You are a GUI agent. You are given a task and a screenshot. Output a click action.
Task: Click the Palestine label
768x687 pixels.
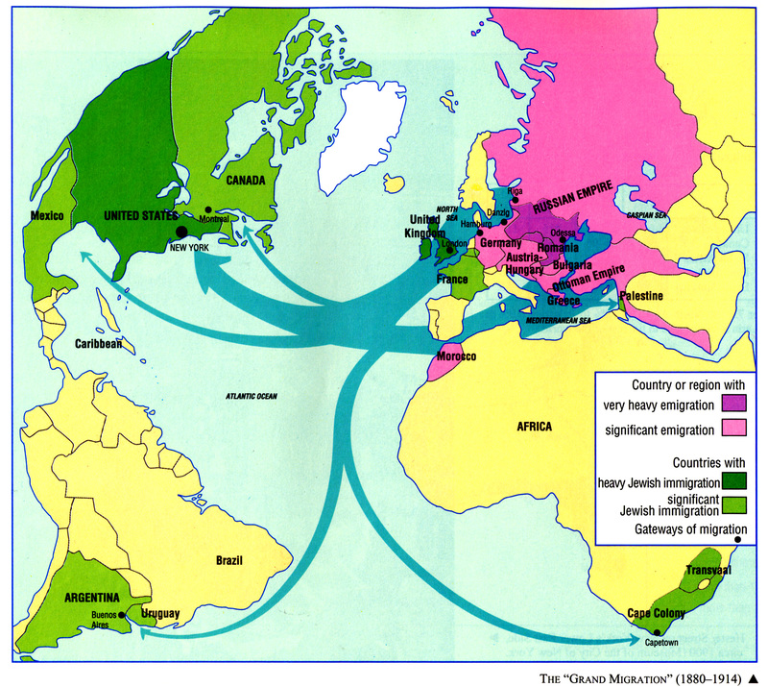click(642, 296)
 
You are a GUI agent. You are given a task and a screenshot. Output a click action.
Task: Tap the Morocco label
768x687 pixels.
click(457, 356)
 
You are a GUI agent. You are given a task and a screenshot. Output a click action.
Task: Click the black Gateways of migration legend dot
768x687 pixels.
click(738, 540)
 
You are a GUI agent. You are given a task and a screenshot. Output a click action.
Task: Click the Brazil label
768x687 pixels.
click(229, 560)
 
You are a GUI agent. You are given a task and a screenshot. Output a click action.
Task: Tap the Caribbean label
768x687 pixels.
click(99, 343)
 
